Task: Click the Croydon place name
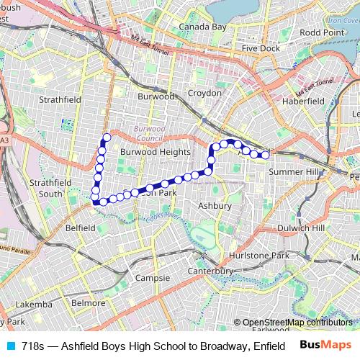[x=203, y=94]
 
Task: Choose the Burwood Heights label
[x=156, y=153]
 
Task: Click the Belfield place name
[x=80, y=228]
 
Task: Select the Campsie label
[x=153, y=278]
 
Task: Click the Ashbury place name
[x=215, y=206]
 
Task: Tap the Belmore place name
[x=89, y=304]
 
